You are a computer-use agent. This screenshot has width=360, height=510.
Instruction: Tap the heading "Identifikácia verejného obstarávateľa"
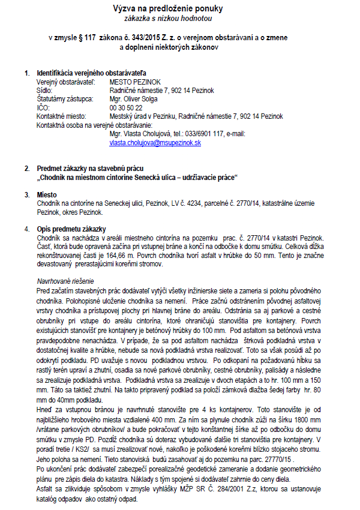point(91,73)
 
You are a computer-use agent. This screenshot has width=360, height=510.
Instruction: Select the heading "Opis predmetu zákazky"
point(71,229)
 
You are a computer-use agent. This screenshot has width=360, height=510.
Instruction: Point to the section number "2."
point(27,169)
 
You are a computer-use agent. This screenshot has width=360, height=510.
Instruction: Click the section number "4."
point(27,229)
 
